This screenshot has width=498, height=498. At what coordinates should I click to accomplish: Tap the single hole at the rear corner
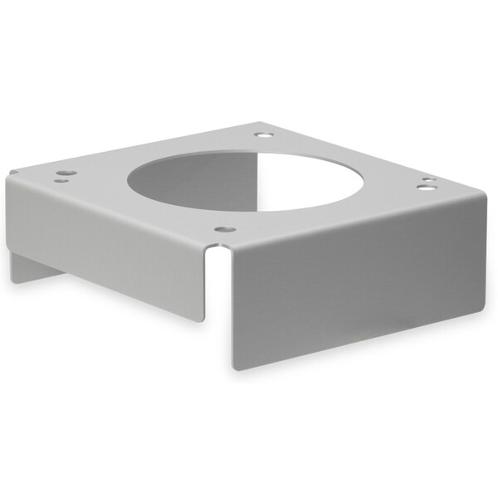pos(263,134)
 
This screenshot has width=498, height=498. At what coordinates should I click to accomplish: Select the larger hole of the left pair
pos(67,173)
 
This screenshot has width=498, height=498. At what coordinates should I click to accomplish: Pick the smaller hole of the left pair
pos(60,179)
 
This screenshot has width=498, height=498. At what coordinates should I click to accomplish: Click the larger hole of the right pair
pos(424,188)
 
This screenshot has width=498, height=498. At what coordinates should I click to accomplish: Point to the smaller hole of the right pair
pos(426,179)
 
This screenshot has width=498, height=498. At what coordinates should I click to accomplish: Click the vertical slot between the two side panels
pos(217,299)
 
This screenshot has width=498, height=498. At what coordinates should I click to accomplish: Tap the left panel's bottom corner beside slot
pos(202,320)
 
